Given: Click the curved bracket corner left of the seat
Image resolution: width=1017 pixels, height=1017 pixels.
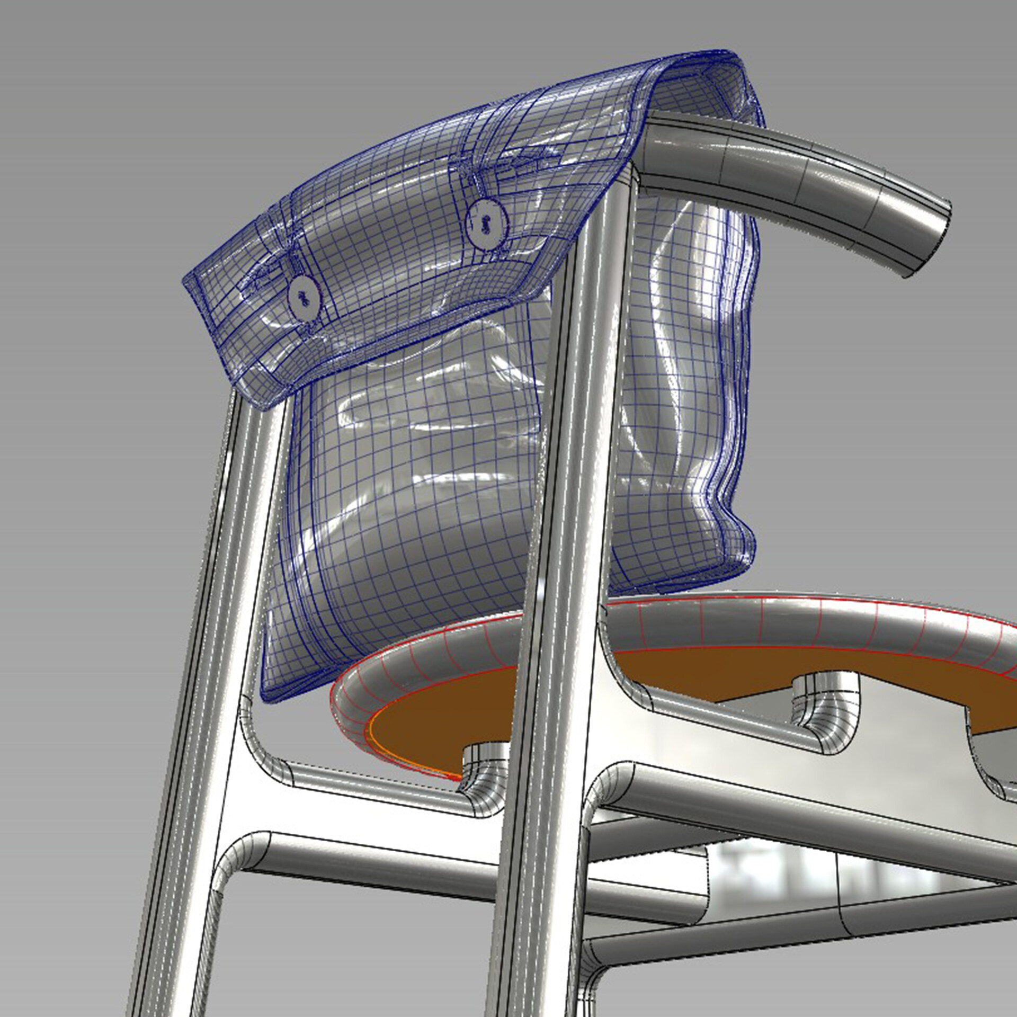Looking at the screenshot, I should coord(260,752).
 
